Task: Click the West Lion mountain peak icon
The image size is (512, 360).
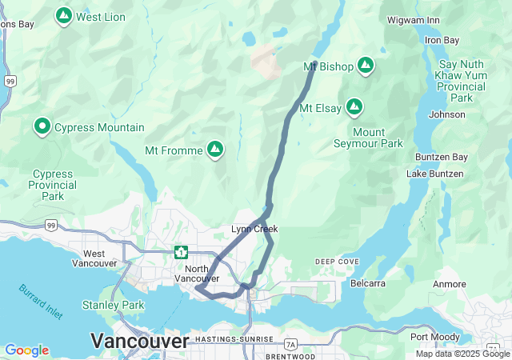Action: pos(64,15)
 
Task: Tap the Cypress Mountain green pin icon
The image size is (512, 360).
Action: pos(42,126)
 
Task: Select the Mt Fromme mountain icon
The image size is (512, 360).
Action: pos(214,149)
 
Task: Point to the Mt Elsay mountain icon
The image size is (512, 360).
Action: pos(354,107)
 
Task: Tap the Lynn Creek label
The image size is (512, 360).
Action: pos(254,230)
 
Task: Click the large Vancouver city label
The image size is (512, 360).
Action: pos(140,341)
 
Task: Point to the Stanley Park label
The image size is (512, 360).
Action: pos(113,305)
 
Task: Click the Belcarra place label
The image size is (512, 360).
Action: pos(368,283)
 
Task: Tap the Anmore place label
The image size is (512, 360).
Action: pos(449,284)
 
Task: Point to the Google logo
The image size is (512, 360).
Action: pos(27,350)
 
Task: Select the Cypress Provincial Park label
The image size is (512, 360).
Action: pos(53,185)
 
